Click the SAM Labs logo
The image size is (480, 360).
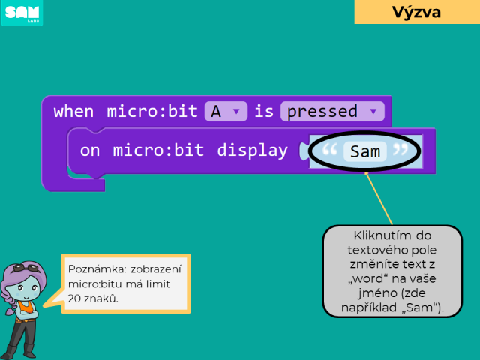point(22,13)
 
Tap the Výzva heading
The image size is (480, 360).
point(417,12)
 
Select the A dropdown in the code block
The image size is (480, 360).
point(226,111)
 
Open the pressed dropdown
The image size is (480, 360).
point(332,111)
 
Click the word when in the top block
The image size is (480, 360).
point(73,111)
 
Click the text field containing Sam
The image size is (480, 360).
point(365,151)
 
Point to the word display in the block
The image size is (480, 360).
point(252,151)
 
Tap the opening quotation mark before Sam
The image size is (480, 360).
point(330,150)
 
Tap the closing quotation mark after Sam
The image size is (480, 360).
point(400,150)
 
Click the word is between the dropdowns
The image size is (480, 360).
point(264,111)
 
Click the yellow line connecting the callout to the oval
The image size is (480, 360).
point(379,198)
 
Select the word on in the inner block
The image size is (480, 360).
point(90,151)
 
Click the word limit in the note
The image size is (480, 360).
point(157,283)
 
